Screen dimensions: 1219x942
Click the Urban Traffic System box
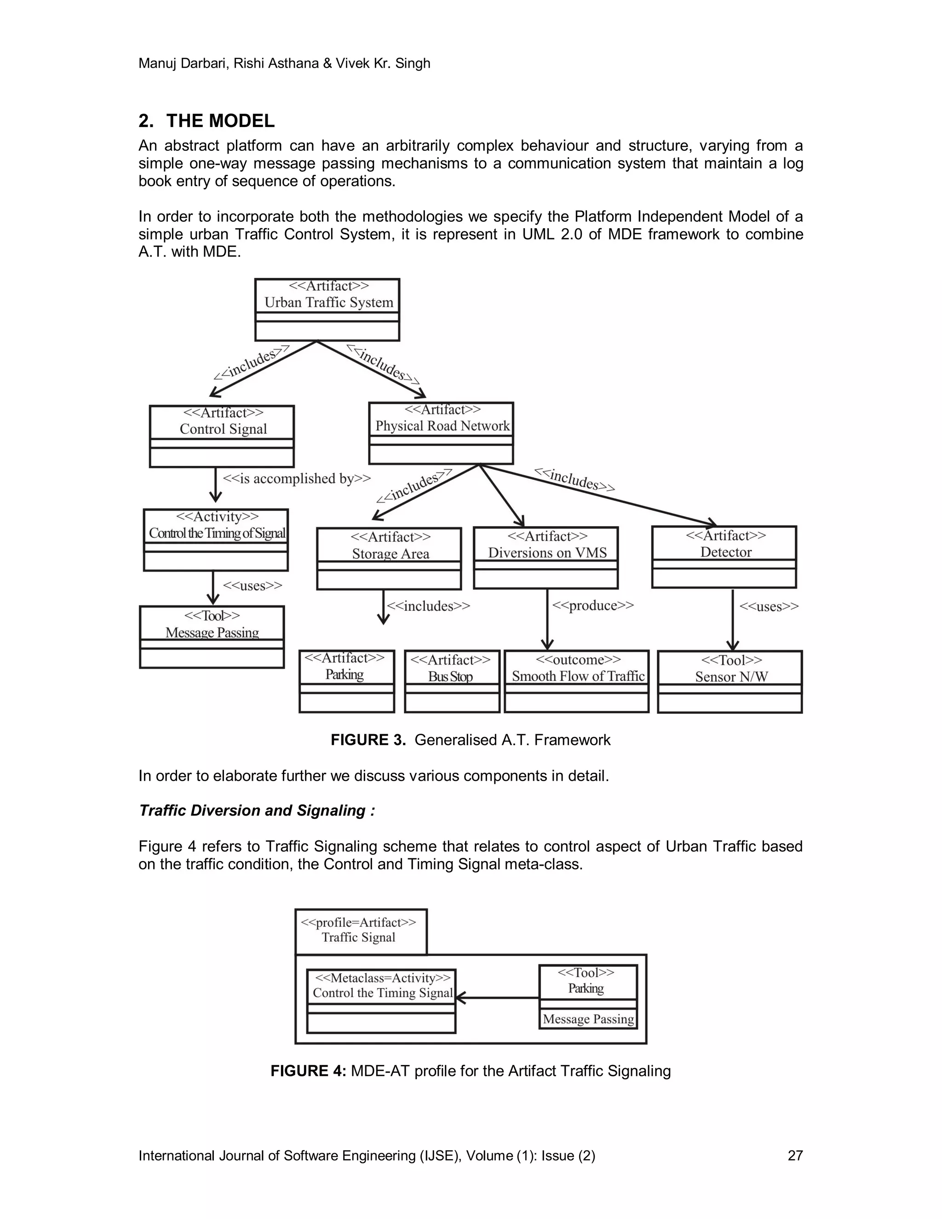(327, 310)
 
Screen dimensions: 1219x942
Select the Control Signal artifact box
(222, 436)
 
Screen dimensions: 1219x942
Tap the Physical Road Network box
(441, 433)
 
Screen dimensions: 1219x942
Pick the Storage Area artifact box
(389, 558)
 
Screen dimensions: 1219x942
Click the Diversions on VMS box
(546, 558)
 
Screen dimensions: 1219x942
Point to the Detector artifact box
(724, 557)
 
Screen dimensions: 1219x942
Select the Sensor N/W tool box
(730, 682)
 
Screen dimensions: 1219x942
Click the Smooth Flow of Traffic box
(576, 681)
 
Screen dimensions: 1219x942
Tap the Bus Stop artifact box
(452, 681)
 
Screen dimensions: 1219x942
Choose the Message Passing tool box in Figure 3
(212, 637)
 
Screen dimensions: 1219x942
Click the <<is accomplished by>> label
(297, 479)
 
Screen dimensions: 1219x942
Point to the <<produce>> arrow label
(592, 606)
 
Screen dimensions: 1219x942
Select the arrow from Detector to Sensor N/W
(733, 620)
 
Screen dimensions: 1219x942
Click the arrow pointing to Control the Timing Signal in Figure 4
(497, 997)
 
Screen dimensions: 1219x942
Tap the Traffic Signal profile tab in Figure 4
(361, 931)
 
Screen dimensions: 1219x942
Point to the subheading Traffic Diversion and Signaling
(257, 811)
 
